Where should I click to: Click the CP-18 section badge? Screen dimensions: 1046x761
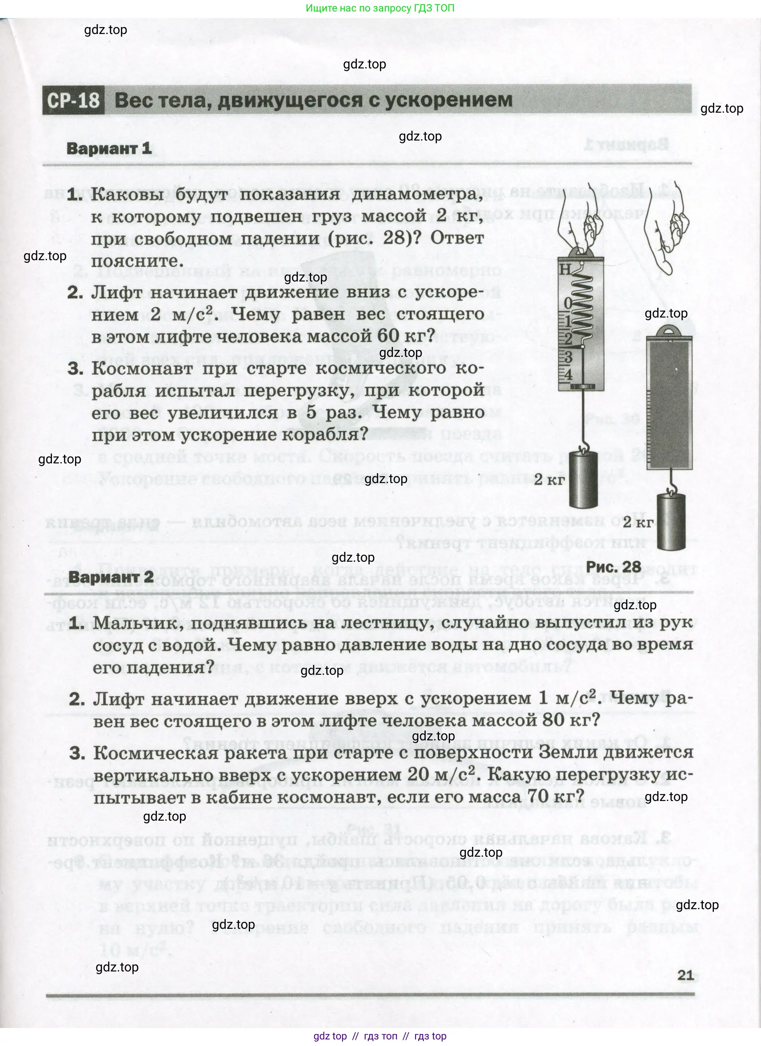(x=73, y=100)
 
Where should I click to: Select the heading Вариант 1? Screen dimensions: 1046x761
(x=109, y=148)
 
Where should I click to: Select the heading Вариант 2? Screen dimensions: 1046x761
(x=111, y=576)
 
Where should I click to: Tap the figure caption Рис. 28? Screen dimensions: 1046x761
(x=613, y=566)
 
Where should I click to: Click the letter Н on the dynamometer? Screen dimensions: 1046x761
(x=565, y=269)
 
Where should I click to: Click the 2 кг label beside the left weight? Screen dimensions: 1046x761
(x=549, y=480)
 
